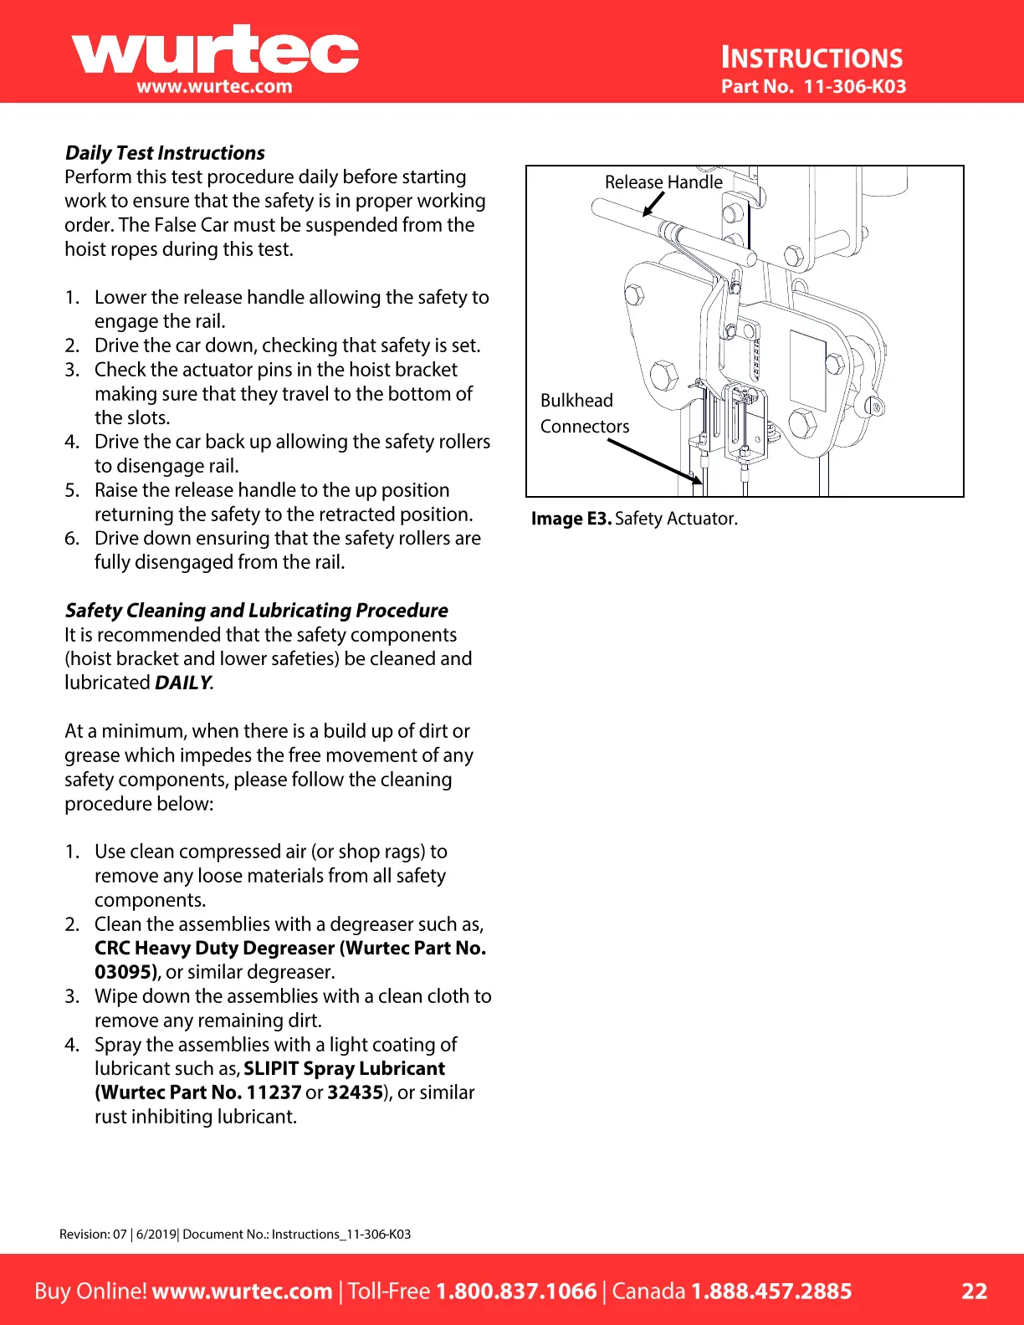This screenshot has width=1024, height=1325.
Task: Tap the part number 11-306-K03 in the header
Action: (x=854, y=86)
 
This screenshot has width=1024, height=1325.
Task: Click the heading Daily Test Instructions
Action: (x=165, y=153)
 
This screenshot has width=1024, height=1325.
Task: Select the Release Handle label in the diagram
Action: (x=663, y=182)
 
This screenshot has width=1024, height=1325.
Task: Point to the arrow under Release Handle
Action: (x=653, y=204)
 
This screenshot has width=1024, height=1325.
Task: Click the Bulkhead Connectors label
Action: (x=584, y=413)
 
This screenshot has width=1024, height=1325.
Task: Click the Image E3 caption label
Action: (x=571, y=519)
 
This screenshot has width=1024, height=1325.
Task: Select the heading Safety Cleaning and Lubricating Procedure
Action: (x=257, y=611)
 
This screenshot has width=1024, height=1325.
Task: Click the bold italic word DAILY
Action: (x=183, y=683)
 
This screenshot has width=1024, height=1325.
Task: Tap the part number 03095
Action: (x=125, y=972)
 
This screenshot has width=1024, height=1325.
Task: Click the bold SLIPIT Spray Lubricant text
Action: (x=344, y=1068)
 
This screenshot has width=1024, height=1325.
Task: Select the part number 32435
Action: (x=355, y=1092)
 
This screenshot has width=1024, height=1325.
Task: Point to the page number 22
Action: (x=974, y=1291)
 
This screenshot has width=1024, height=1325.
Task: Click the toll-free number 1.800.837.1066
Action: (x=516, y=1291)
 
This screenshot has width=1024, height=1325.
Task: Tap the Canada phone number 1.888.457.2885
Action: (x=771, y=1291)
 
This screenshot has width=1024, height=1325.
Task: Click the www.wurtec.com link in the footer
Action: (x=242, y=1291)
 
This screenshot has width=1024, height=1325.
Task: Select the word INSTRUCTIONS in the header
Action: (x=812, y=58)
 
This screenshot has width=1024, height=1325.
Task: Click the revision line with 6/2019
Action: (x=235, y=1234)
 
